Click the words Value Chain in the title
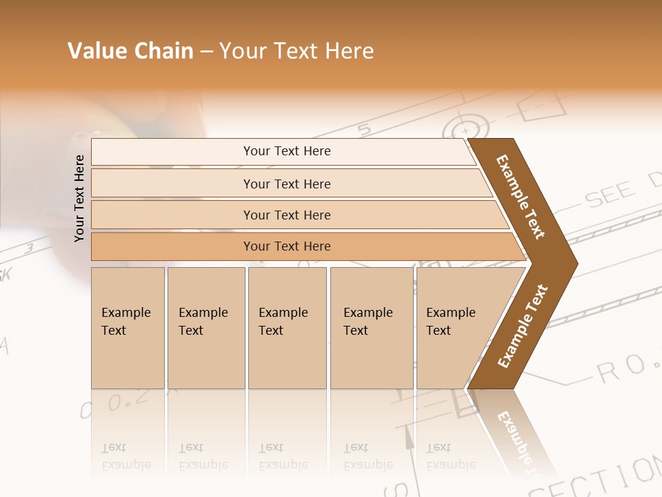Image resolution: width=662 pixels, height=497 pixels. point(130,51)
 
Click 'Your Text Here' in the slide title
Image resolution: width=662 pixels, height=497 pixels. point(297,51)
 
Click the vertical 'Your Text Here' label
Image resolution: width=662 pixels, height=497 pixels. point(79,198)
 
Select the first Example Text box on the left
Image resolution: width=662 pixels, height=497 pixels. point(128,328)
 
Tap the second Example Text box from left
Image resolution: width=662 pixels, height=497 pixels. point(206,328)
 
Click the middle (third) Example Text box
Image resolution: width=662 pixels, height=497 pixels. point(287,328)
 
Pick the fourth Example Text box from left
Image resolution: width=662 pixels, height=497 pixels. point(372,328)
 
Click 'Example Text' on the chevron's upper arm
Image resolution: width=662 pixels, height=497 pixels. point(521,197)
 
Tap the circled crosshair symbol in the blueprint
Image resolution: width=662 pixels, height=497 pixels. point(466,129)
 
